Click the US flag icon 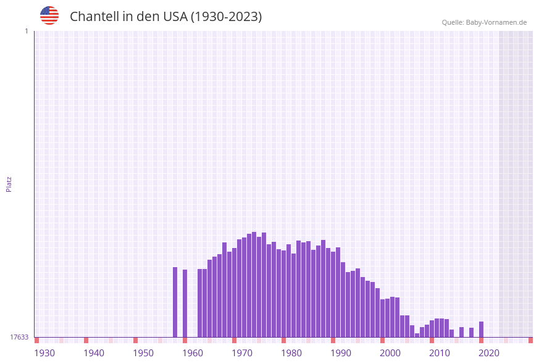pos(49,15)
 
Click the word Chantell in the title pos(94,17)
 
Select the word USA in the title pos(175,17)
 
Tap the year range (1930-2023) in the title pos(226,17)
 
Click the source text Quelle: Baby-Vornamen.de pos(484,22)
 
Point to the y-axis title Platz pos(9,184)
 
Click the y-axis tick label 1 pos(26,31)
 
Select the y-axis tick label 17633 pos(19,337)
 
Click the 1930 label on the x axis pos(44,353)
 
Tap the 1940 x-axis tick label pos(94,353)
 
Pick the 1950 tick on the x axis pos(143,353)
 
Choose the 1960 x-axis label pos(193,353)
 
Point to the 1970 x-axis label pos(242,353)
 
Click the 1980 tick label pos(291,353)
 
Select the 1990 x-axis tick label pos(341,353)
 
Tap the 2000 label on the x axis pos(390,353)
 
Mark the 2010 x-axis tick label pos(440,353)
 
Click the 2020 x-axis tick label pos(489,353)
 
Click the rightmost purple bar pos(481,329)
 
